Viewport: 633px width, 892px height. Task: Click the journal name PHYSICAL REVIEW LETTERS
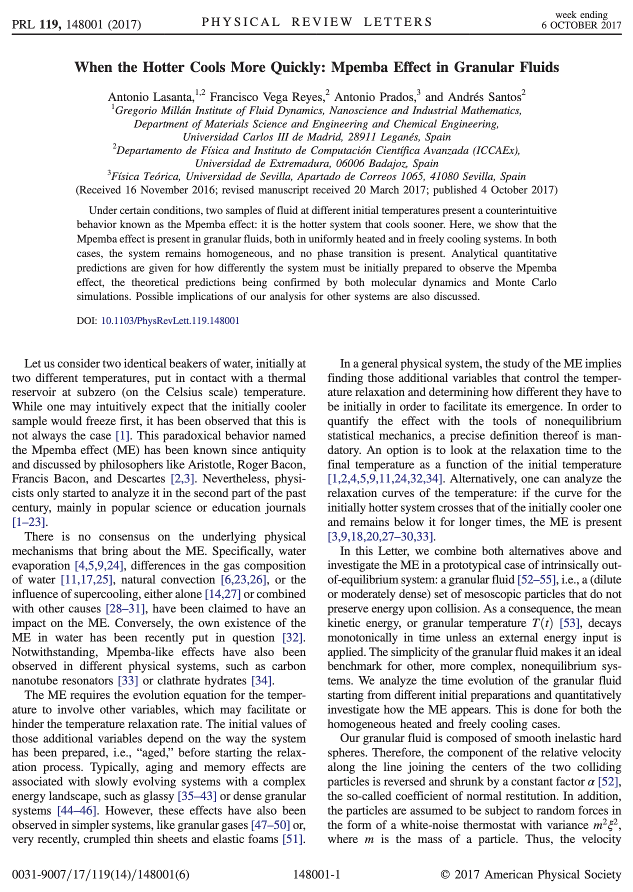coord(316,22)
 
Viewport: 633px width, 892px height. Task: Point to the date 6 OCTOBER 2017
coord(581,25)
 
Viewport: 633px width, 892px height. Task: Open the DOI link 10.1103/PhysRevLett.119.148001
coord(170,320)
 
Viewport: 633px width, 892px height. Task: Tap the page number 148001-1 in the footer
coord(316,874)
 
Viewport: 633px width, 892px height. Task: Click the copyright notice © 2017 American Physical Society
coord(530,874)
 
